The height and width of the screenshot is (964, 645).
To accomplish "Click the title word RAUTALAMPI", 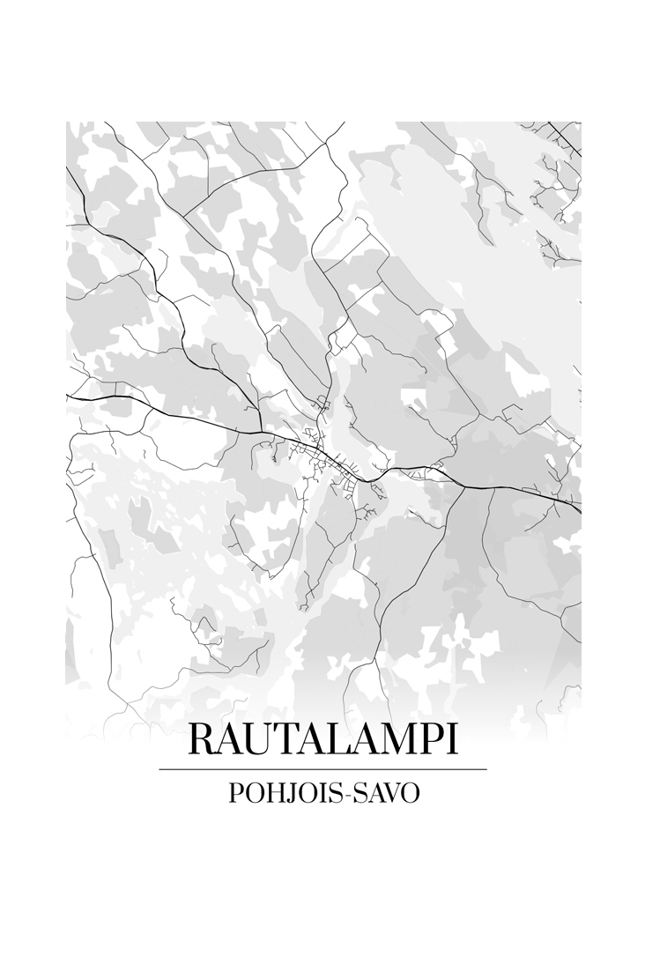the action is pos(322,740).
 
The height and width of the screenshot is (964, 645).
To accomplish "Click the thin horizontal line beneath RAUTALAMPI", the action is pos(322,769).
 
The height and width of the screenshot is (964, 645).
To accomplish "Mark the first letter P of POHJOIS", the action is pos(236,793).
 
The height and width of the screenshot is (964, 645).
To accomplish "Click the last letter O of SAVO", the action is pos(410,793).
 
